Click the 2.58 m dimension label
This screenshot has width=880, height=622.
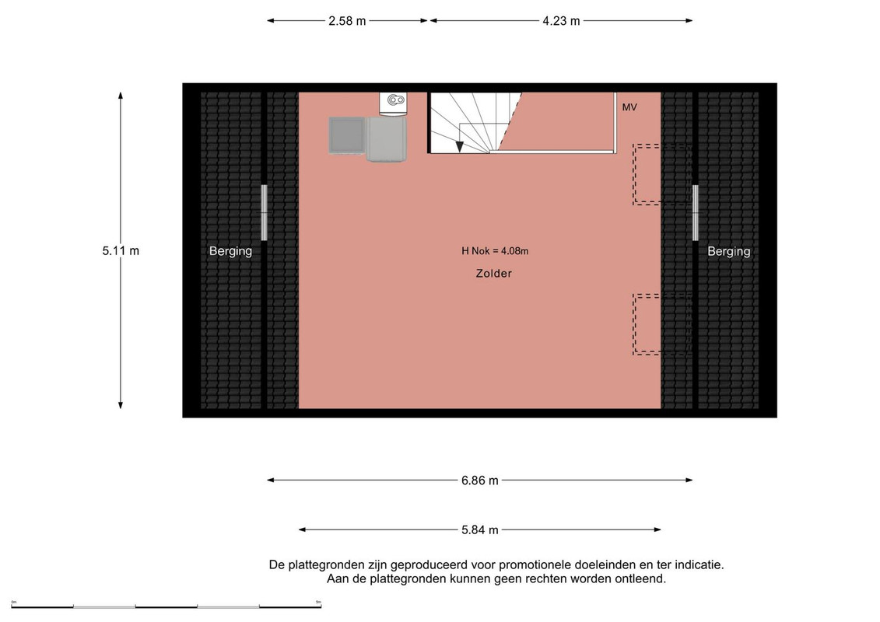coord(347,21)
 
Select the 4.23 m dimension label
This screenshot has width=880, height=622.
coord(561,21)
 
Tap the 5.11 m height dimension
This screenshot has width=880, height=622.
coord(121,250)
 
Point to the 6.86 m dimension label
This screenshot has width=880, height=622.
coord(480,480)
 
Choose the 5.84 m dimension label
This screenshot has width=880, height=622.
coord(480,530)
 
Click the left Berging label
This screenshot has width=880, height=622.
coord(230,251)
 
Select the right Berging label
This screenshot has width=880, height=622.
coord(728,251)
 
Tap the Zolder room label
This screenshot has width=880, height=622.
coord(494,273)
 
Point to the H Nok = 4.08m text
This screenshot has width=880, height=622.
coord(495,250)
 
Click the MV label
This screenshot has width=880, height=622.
coord(629,107)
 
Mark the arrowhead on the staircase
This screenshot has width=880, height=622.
coord(460,146)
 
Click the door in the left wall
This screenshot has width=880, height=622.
coord(264,212)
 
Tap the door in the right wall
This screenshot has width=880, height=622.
coord(695,212)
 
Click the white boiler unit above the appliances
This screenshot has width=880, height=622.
coord(394,103)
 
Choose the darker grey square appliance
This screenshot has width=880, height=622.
coord(346,135)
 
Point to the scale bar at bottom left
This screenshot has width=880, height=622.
coord(167,606)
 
